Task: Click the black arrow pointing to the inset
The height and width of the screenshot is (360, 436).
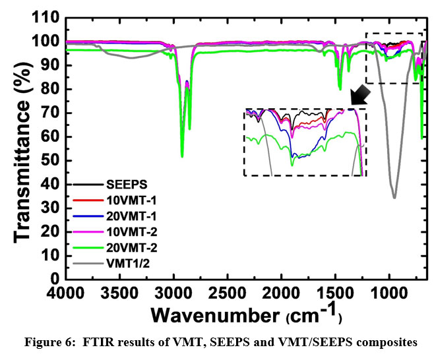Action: click(x=360, y=95)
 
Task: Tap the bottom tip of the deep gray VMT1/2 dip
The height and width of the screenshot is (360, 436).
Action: click(x=394, y=197)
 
